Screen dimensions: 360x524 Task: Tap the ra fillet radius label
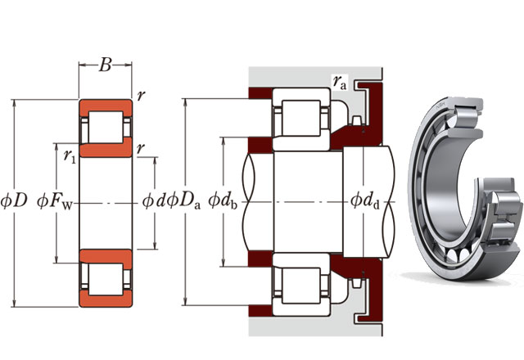point(339,80)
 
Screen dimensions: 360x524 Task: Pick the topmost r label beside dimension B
point(142,95)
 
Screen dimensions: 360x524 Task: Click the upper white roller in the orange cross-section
point(104,128)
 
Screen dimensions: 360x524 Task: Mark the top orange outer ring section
point(104,107)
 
